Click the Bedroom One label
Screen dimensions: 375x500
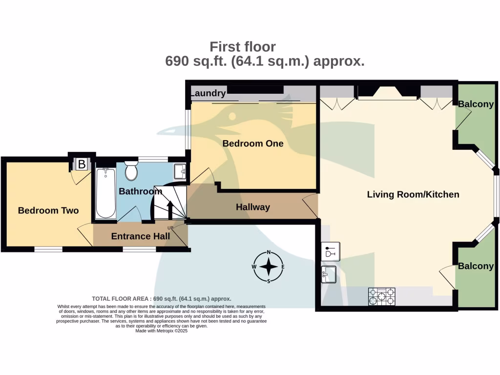(x=253, y=144)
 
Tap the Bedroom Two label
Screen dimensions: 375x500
(x=48, y=210)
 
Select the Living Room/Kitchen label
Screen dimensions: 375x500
(x=413, y=194)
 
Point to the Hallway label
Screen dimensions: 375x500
(x=253, y=208)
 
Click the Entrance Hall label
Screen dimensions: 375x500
(x=141, y=236)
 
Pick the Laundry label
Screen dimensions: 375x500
(x=208, y=93)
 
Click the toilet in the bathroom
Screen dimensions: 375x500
(x=131, y=171)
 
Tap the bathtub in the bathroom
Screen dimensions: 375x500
(x=105, y=193)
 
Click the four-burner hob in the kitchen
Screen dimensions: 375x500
(x=382, y=297)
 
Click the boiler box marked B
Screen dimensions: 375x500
(x=82, y=165)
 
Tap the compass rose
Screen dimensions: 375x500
(x=269, y=267)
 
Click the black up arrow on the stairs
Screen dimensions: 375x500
(x=170, y=209)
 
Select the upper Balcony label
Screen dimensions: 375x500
(x=476, y=104)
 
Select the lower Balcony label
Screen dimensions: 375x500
(x=476, y=266)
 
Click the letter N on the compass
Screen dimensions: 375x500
(x=269, y=252)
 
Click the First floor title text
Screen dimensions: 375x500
(x=243, y=47)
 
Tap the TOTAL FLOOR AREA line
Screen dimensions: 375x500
(x=162, y=298)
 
